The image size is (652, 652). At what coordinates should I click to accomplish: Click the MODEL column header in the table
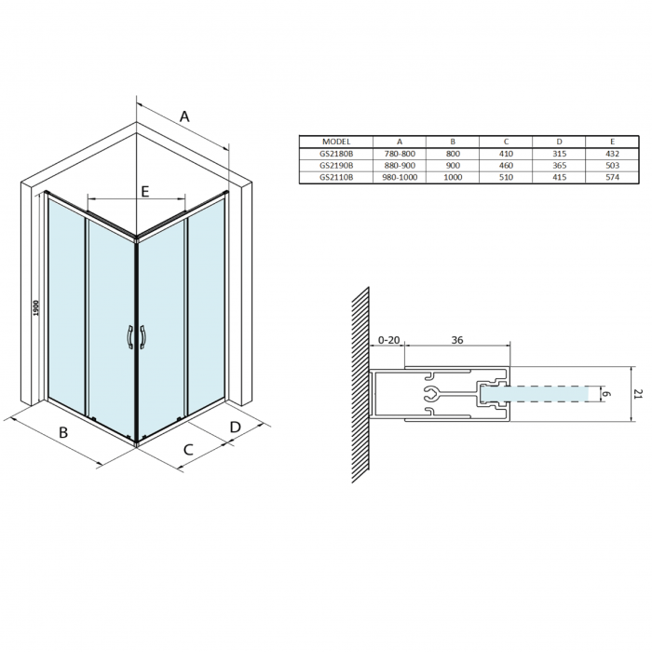click(336, 142)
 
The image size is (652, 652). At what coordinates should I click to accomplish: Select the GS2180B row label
click(336, 154)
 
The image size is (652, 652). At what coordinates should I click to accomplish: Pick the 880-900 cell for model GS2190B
click(400, 165)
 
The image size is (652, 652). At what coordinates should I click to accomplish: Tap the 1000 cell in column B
click(453, 177)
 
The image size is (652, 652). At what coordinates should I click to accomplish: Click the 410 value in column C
click(506, 154)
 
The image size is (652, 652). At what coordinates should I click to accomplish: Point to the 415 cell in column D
click(559, 177)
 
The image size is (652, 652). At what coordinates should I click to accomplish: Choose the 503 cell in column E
click(613, 165)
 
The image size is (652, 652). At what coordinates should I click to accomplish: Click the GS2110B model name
click(336, 177)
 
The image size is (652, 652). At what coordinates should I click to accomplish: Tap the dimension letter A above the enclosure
click(184, 116)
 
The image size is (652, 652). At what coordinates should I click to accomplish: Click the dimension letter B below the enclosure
click(63, 432)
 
